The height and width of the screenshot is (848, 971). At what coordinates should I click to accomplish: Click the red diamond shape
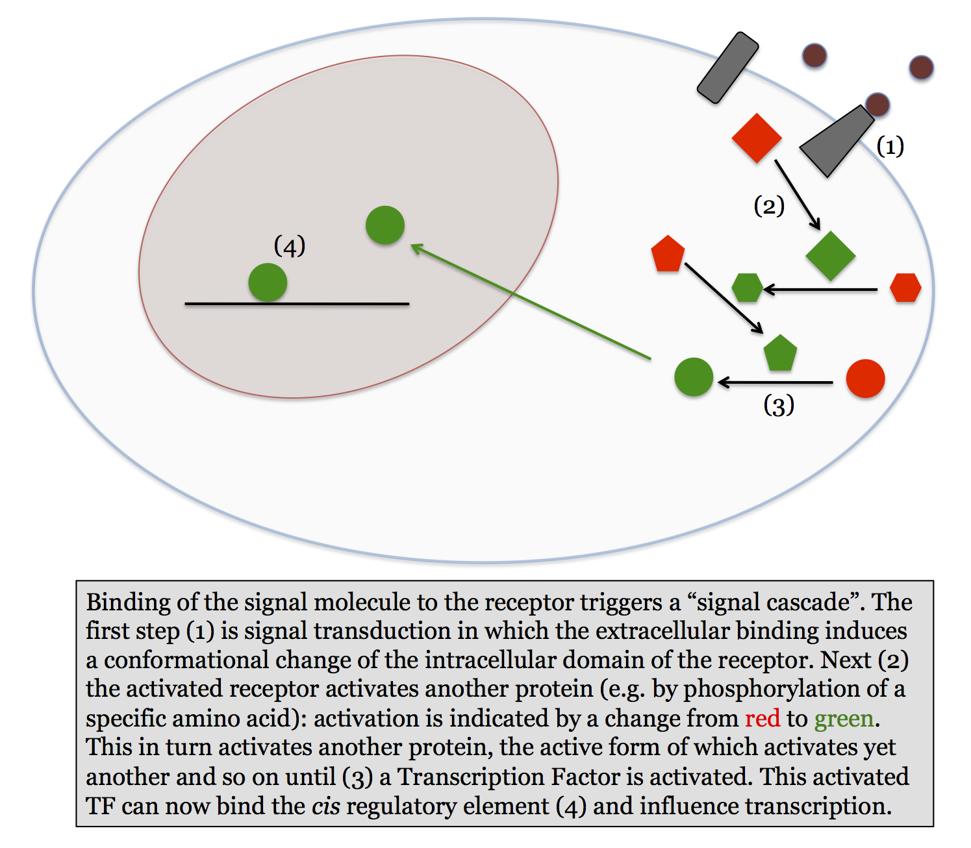(757, 138)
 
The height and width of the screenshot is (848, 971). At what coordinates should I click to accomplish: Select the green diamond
(830, 256)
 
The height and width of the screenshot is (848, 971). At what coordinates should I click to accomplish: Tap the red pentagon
(668, 255)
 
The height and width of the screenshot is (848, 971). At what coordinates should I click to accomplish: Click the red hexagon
(905, 288)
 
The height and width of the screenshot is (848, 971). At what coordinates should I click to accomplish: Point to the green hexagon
(747, 288)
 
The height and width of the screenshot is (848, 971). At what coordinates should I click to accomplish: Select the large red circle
(865, 379)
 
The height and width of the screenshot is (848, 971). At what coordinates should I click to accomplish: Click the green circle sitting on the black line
(268, 282)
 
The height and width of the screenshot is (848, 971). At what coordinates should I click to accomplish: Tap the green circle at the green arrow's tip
(385, 225)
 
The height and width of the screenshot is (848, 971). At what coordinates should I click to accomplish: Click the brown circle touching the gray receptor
(877, 105)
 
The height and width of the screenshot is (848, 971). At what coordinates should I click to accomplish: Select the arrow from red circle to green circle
(776, 382)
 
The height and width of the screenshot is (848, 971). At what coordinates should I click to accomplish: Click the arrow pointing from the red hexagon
(820, 290)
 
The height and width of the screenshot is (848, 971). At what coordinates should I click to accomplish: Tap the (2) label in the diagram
(769, 206)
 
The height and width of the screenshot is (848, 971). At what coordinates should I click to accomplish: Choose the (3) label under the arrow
(779, 406)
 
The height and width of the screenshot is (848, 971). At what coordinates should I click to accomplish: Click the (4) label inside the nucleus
(290, 246)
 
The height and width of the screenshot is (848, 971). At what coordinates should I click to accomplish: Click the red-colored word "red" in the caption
(762, 719)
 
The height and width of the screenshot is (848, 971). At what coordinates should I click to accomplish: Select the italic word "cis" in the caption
(325, 806)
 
